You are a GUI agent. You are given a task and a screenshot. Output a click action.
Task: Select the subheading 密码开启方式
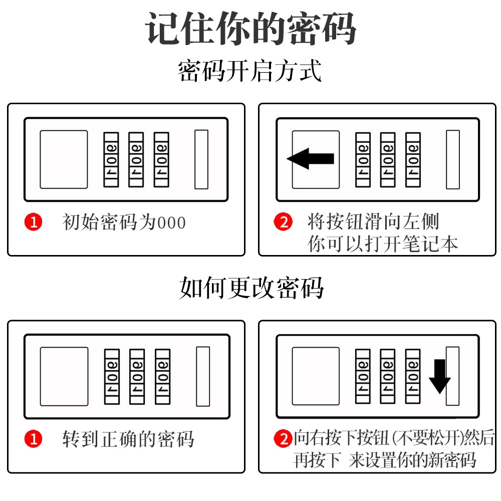click(249, 71)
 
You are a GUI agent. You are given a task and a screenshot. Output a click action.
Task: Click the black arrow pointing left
click(310, 159)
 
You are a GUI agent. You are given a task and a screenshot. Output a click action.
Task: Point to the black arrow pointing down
click(440, 376)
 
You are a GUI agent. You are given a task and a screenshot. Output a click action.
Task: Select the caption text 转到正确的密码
click(128, 439)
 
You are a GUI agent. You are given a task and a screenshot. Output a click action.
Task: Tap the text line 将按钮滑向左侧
click(373, 221)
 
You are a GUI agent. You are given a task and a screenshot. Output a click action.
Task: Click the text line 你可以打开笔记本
click(383, 244)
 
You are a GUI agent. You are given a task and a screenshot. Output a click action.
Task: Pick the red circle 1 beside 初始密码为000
click(34, 222)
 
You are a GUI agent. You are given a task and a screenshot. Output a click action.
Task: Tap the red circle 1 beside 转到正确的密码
click(34, 439)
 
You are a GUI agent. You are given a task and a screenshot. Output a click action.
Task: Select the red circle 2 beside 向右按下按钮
click(284, 439)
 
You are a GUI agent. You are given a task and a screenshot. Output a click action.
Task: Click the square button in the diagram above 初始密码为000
click(64, 159)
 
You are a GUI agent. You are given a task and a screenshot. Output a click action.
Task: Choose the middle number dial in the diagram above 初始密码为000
click(136, 159)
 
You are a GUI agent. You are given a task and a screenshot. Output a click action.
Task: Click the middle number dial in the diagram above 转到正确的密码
click(137, 376)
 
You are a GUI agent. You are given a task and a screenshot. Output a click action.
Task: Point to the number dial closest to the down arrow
click(413, 376)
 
